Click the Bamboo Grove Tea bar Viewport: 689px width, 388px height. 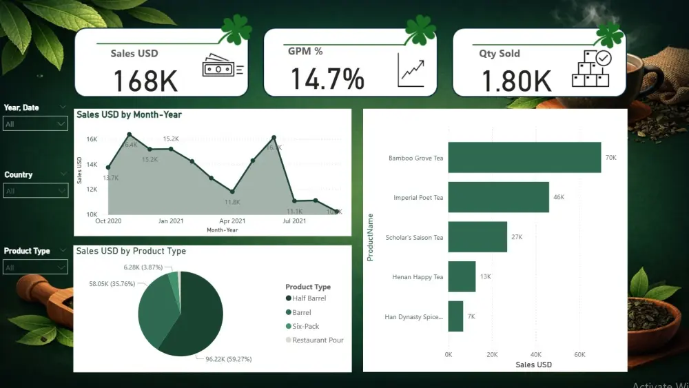coord(524,157)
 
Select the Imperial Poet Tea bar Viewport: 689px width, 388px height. coord(498,197)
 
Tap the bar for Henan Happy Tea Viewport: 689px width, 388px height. coord(462,276)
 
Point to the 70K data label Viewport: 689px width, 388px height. coord(610,158)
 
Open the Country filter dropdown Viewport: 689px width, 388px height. coord(36,190)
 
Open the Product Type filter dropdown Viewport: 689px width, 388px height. coord(36,267)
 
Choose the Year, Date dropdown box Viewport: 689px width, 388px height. coord(36,124)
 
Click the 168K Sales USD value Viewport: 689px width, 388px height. coord(145,81)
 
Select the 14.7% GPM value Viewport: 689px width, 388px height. coord(327,79)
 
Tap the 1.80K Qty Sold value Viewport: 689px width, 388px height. coord(516,81)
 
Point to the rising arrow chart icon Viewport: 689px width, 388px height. coord(411,70)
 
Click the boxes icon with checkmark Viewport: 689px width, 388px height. coord(590,68)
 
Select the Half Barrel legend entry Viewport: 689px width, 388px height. coord(309,298)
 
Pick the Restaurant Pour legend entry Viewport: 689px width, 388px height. coord(317,340)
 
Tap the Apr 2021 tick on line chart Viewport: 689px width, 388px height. coord(233,221)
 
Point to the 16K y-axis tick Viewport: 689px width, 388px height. coord(91,139)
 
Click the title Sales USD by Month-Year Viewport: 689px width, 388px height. coord(129,114)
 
